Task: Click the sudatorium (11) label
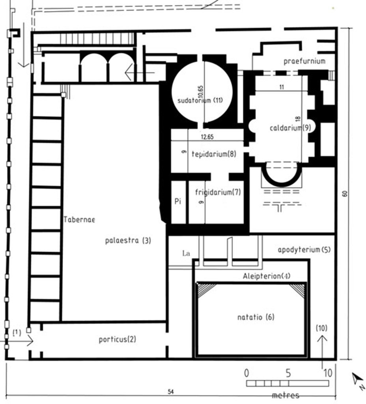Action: point(200,100)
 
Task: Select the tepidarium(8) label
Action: point(214,154)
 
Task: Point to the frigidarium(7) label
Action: point(218,192)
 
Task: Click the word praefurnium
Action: point(304,61)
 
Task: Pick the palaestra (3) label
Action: point(128,241)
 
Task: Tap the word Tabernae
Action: point(79,219)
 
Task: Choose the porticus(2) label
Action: point(118,339)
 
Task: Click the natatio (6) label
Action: point(256,317)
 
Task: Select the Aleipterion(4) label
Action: point(267,276)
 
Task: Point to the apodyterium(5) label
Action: point(304,250)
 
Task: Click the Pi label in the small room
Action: point(178,201)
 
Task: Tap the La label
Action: point(186,254)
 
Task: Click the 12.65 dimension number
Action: point(207,137)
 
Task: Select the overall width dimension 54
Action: point(171,392)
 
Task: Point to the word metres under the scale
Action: point(286,395)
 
